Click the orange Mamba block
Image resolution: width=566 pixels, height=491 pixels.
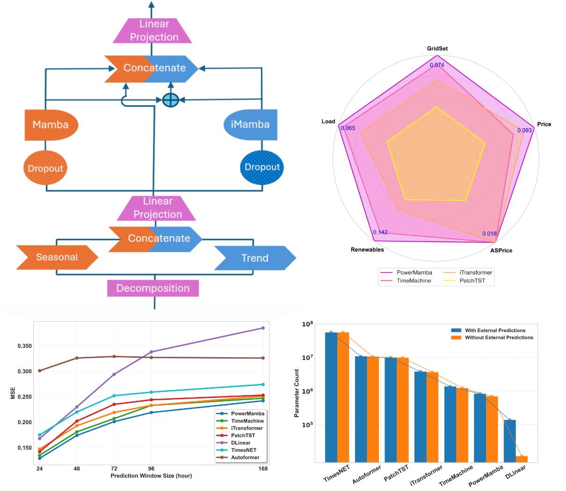coord(51,125)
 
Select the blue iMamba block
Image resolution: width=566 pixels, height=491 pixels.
coord(251,125)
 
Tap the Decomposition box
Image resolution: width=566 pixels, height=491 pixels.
coord(153,288)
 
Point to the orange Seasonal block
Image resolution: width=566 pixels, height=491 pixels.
coord(57,257)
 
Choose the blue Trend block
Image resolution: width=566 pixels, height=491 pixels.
coord(255,258)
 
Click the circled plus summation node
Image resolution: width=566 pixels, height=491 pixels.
coord(171,100)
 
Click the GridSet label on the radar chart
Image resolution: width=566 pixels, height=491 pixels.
coord(437,49)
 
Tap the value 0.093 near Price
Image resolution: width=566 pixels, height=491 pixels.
coord(524,130)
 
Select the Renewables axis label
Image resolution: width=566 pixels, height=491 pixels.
coord(367,250)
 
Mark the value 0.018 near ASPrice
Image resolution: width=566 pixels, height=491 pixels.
coord(489,234)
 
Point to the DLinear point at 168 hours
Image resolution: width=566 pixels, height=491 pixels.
coord(263,328)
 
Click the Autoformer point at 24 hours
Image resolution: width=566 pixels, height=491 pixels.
coord(40,370)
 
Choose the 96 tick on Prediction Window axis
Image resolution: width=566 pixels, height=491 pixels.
coord(151,468)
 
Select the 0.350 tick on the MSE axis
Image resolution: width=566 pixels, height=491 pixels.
coord(25,346)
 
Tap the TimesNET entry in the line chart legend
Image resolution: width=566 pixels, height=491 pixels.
coord(243,450)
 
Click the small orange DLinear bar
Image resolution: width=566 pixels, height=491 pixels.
coord(522,459)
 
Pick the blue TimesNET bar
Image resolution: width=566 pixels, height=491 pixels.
coord(331,397)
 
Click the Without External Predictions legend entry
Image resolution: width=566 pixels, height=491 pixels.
coord(499,338)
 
